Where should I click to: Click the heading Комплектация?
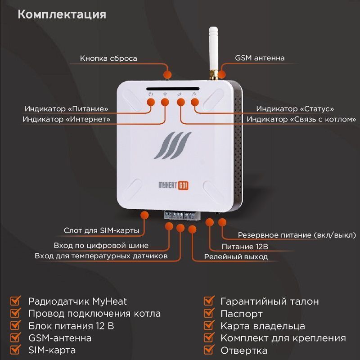coord(62,15)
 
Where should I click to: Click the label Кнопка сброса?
coord(108,58)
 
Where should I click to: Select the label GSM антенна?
coord(260,58)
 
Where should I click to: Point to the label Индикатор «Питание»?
coord(66,108)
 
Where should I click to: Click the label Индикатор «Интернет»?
coord(66,119)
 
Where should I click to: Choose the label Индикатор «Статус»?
coord(295,108)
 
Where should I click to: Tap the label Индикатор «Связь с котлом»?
coord(301,119)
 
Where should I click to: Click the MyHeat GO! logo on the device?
coord(174,185)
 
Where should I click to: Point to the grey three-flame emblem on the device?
coord(173,145)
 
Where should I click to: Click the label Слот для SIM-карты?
coord(102,230)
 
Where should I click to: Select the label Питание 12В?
coord(245,247)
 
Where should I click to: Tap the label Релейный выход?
coord(236,256)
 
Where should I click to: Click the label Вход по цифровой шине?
coord(101,245)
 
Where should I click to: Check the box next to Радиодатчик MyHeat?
coord(16,301)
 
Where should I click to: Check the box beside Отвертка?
coord(209,350)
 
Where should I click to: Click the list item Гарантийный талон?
coord(270,301)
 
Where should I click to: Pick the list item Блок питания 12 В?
coord(71,326)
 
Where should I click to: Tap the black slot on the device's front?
coord(173,89)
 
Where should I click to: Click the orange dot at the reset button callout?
coord(167,75)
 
